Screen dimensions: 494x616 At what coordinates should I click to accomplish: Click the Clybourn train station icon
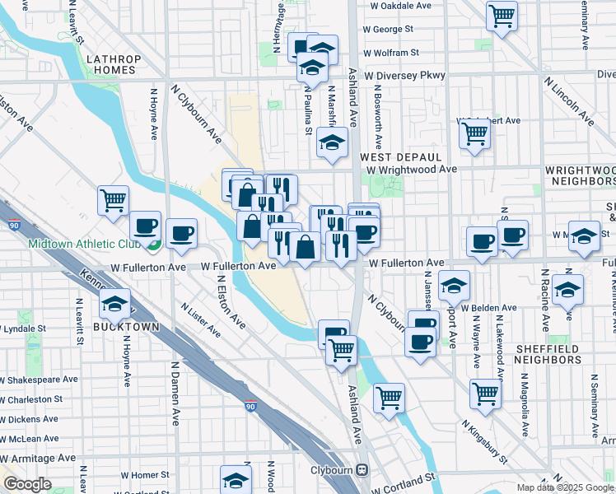pos(363,471)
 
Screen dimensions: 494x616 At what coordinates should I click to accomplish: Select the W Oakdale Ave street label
pos(401,5)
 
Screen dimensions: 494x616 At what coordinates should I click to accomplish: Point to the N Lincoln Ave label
pos(570,102)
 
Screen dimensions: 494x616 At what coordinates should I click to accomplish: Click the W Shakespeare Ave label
pos(38,380)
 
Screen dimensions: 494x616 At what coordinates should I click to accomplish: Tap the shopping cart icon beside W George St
pos(502,15)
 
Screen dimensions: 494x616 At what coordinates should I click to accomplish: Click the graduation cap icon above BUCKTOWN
pos(114,304)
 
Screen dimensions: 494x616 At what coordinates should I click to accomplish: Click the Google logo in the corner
pos(27,484)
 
